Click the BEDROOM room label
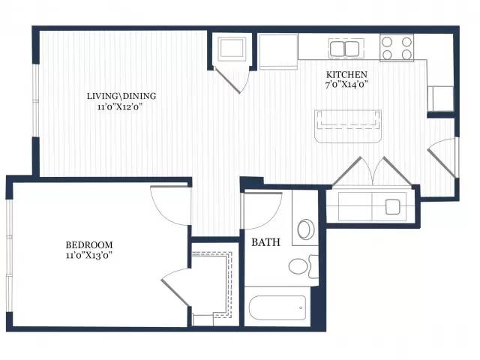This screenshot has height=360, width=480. tap(89, 245)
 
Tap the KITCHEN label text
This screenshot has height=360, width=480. tap(346, 75)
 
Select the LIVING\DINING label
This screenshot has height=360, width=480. tap(121, 96)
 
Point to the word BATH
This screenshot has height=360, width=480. tap(265, 242)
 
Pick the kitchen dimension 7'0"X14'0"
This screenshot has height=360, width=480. tap(346, 85)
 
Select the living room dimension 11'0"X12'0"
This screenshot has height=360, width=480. tap(121, 106)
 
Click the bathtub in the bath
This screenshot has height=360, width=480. tap(277, 307)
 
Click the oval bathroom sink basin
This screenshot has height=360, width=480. tap(306, 229)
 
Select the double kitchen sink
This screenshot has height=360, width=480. tap(346, 48)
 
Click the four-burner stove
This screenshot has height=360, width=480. tap(397, 48)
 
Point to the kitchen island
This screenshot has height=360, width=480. tap(348, 127)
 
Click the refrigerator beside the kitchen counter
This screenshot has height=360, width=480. tap(278, 52)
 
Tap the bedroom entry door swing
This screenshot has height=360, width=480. tap(170, 205)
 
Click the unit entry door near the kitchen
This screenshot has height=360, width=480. tap(442, 157)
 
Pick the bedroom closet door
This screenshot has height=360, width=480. tap(175, 286)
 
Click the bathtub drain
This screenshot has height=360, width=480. tap(301, 307)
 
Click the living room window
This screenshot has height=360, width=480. tap(36, 100)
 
